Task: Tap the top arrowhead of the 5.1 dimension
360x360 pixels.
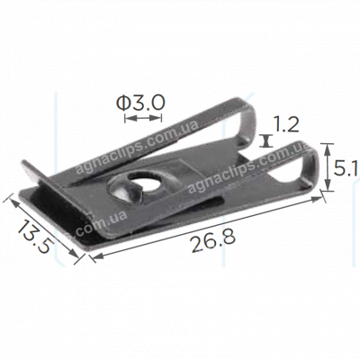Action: pyautogui.click(x=328, y=144)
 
